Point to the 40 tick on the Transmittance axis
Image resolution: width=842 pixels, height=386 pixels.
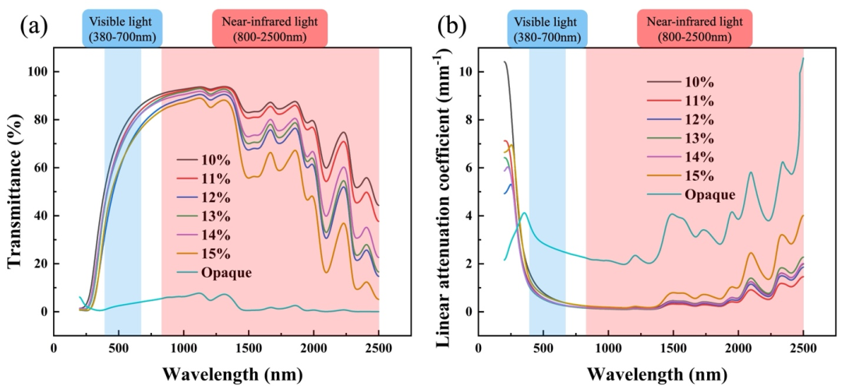(40, 216)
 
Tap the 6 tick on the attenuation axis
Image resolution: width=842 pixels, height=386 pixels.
(467, 168)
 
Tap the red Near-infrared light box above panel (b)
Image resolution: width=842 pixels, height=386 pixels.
(693, 29)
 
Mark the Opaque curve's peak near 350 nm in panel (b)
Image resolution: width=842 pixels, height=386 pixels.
(524, 212)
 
